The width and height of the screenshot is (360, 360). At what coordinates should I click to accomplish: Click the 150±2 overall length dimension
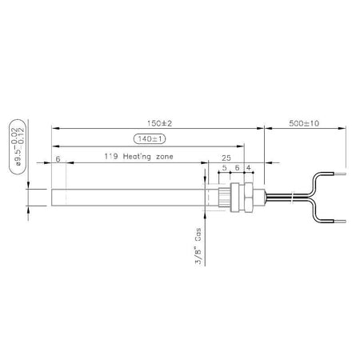point(160,123)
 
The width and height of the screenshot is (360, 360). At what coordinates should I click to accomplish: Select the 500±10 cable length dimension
point(304,123)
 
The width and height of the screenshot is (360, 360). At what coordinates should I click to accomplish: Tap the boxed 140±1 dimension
point(150,139)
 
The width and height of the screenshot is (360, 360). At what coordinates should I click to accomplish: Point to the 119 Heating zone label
point(138,157)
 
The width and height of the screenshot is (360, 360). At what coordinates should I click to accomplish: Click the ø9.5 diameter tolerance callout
point(18,147)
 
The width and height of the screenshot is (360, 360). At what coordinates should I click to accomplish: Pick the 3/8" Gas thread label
point(198,246)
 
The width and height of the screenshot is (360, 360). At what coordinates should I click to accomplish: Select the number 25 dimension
point(226,158)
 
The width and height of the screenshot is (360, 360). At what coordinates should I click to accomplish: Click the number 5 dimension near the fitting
point(224,168)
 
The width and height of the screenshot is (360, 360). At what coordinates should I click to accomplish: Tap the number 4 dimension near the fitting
point(248,168)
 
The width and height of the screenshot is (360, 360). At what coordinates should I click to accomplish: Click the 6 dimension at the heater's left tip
point(58,159)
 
